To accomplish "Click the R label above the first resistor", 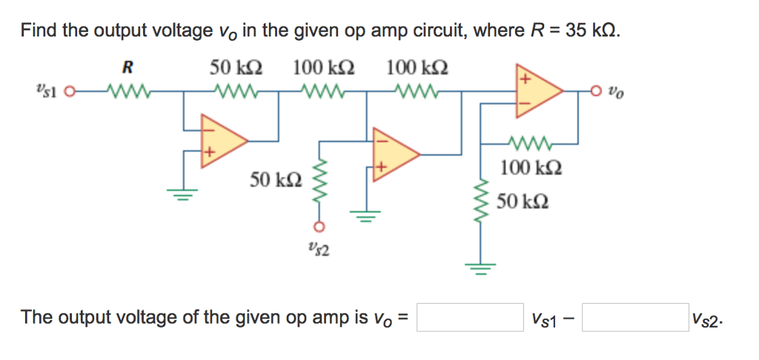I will pos(127,69).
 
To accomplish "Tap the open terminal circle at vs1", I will pos(70,94).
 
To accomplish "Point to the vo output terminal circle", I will pos(594,93).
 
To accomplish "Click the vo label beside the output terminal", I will pos(615,94).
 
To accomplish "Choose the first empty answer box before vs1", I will pos(470,318).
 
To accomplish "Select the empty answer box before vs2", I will pos(634,318).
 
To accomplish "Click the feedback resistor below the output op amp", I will pos(530,141).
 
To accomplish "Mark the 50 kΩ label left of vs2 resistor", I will pos(275,179).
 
